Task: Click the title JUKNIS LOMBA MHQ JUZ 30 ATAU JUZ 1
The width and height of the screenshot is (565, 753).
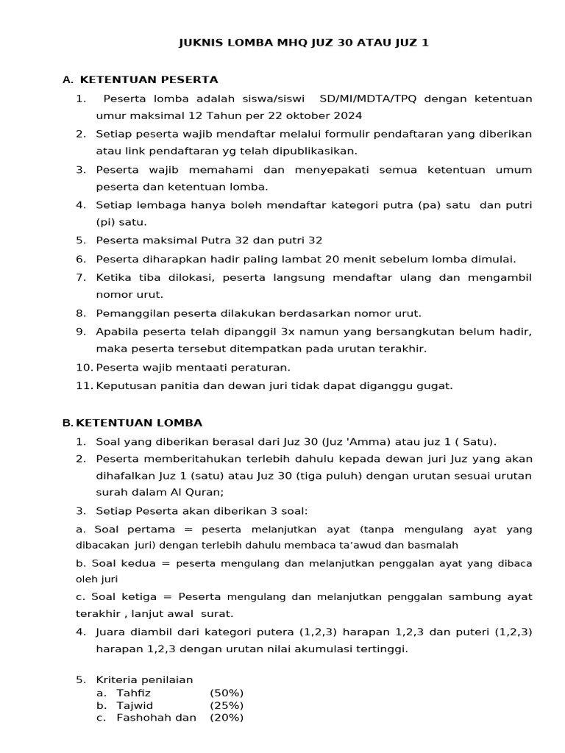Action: (x=304, y=43)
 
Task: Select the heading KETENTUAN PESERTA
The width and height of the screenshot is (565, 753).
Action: (x=149, y=79)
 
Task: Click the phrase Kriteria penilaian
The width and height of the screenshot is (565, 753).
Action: (x=145, y=680)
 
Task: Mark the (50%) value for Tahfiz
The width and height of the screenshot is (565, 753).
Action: (x=227, y=693)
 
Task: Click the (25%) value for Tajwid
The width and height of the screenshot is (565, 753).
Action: (x=227, y=705)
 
